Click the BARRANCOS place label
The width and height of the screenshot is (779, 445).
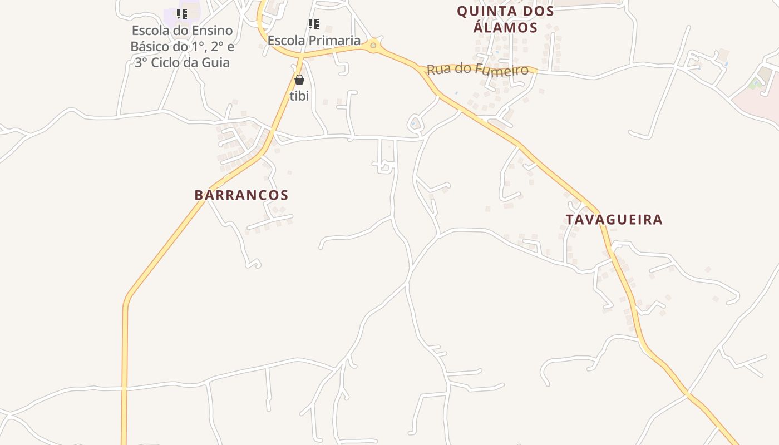point(241,195)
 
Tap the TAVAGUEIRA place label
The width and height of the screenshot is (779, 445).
point(614,220)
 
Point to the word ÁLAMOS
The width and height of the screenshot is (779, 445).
point(506,28)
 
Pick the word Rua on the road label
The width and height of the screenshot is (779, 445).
point(437,70)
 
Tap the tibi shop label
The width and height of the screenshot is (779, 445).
point(299,96)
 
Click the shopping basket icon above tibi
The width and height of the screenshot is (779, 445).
point(299,80)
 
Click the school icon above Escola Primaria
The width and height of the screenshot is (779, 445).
point(314,24)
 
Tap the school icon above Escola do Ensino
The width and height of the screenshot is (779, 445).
point(182,14)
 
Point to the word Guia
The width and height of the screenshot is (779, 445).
point(217,62)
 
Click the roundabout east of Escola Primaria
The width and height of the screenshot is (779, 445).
point(373,46)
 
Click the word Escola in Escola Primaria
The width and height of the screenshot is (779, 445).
point(285,41)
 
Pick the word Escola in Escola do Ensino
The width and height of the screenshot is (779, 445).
point(151,31)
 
